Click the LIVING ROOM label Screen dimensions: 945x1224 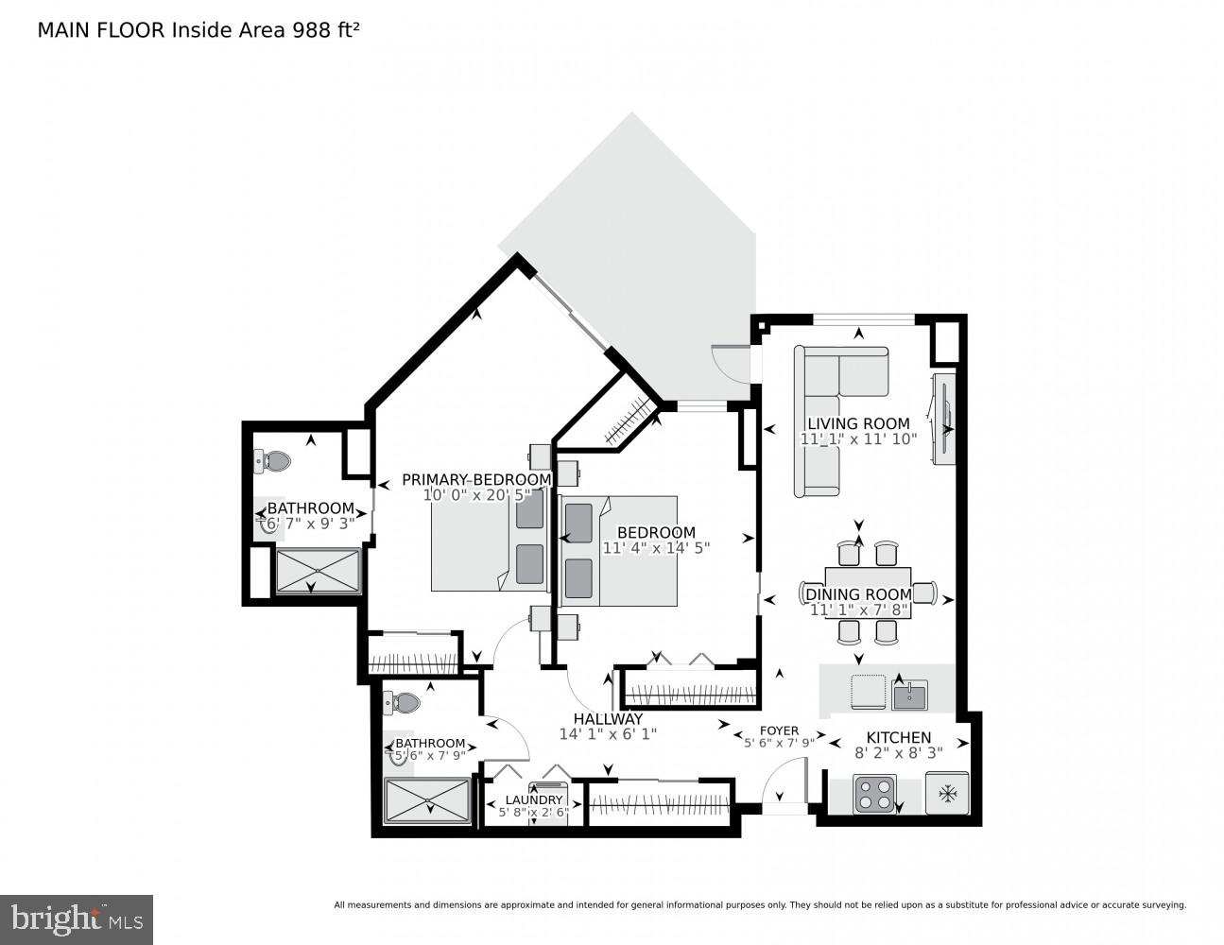[858, 423]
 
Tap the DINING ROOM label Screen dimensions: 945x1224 [858, 594]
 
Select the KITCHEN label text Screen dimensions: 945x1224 [899, 737]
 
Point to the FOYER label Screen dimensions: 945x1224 [779, 730]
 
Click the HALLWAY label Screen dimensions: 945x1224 [608, 718]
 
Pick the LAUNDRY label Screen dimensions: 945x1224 [533, 799]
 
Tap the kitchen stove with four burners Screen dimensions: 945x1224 [874, 794]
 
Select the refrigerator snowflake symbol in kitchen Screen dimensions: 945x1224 [945, 794]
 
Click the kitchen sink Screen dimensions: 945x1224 [909, 696]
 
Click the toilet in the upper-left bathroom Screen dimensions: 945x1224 [273, 461]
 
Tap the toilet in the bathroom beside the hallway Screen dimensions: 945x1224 [404, 703]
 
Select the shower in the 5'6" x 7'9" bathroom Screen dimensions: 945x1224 [427, 801]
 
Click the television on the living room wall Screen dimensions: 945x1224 [944, 419]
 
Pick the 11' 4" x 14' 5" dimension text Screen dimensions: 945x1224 [656, 547]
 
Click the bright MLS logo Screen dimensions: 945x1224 [77, 919]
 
